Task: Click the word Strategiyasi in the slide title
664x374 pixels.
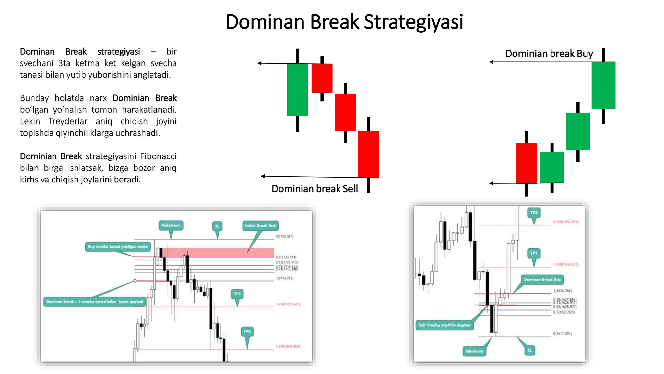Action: tap(413, 22)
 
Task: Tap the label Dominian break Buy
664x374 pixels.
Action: tap(549, 54)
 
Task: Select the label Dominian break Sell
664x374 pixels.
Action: tap(314, 189)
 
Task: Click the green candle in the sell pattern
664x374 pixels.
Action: tap(297, 90)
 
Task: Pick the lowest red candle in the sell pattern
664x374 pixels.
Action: tap(368, 154)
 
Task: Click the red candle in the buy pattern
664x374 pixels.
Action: tap(527, 163)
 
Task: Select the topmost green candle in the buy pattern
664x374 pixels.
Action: tap(603, 85)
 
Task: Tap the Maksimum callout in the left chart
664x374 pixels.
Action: tap(171, 225)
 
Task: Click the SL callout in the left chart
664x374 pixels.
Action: tap(217, 226)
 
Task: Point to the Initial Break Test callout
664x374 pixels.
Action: tap(260, 226)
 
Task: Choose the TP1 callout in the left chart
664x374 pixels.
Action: tap(237, 294)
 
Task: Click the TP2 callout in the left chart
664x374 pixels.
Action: tap(247, 331)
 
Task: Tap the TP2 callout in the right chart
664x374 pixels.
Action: tap(534, 213)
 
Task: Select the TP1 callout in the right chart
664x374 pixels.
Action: tap(534, 253)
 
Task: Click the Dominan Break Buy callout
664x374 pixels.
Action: tap(542, 280)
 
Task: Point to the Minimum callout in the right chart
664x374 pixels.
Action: tap(474, 351)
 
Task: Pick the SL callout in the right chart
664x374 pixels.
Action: tap(529, 350)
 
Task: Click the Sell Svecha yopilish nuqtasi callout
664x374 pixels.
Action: tap(445, 325)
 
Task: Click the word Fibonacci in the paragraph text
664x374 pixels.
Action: tap(158, 156)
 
